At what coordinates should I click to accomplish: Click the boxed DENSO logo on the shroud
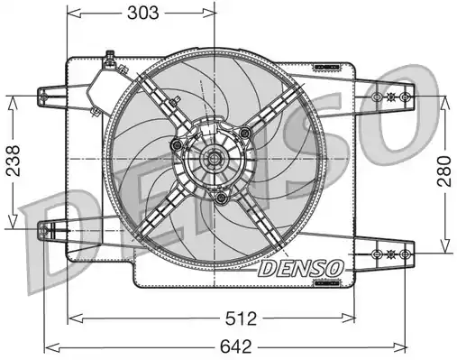click(x=300, y=268)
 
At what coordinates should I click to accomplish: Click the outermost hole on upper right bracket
click(x=407, y=96)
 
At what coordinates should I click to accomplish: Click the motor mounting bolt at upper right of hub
click(x=244, y=133)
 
